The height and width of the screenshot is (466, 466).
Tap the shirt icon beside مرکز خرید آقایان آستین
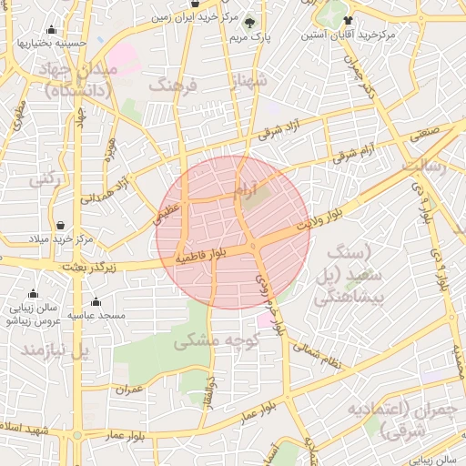[347, 19]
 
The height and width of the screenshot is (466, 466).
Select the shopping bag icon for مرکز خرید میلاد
[60, 225]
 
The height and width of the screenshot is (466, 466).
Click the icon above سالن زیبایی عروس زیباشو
[33, 294]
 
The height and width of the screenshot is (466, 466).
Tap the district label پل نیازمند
[59, 349]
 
